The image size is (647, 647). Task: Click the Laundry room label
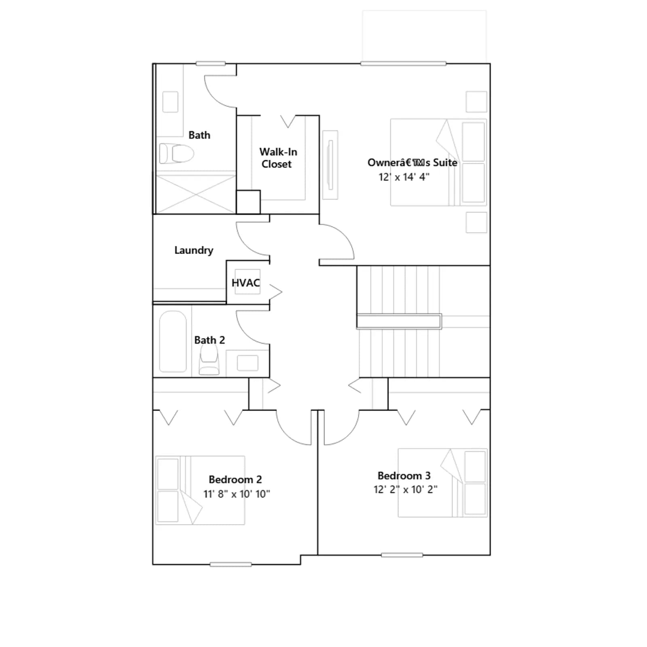tap(194, 250)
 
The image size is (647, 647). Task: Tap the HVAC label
tap(245, 283)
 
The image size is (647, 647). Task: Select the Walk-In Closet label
tap(278, 158)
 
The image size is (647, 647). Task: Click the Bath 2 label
tap(209, 340)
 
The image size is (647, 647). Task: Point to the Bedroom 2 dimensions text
tap(237, 494)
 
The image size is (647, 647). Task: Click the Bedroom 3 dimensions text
tap(405, 489)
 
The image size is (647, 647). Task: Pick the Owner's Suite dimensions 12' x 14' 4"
tap(404, 177)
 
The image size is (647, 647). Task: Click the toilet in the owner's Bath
tap(176, 154)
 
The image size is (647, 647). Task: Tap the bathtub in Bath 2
tap(173, 341)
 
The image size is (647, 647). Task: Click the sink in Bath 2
tap(247, 363)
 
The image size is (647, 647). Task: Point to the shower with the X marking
tap(196, 195)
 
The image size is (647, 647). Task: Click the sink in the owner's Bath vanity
tap(170, 102)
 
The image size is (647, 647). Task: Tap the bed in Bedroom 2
tap(200, 490)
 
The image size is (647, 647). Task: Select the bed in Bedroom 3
tap(443, 482)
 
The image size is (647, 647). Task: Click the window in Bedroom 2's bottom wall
tap(231, 565)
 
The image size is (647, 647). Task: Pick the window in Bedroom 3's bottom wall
tap(402, 555)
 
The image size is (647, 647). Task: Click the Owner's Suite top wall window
tap(403, 63)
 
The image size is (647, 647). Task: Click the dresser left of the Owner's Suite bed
tap(330, 165)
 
